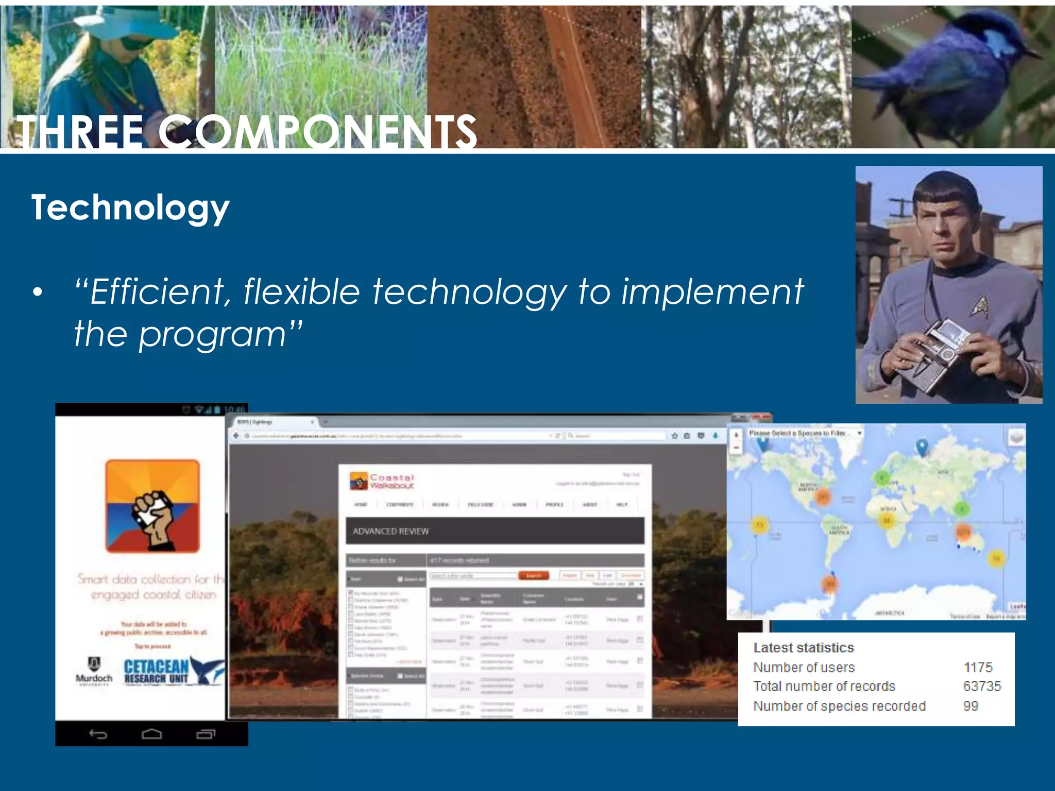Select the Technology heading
tap(130, 208)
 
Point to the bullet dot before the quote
tap(37, 292)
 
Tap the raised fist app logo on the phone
tap(152, 506)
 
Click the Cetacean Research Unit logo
tap(173, 671)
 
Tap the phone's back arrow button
tap(98, 734)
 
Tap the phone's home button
tap(151, 734)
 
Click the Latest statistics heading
tap(803, 647)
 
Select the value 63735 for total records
tap(982, 686)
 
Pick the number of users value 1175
tap(978, 667)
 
